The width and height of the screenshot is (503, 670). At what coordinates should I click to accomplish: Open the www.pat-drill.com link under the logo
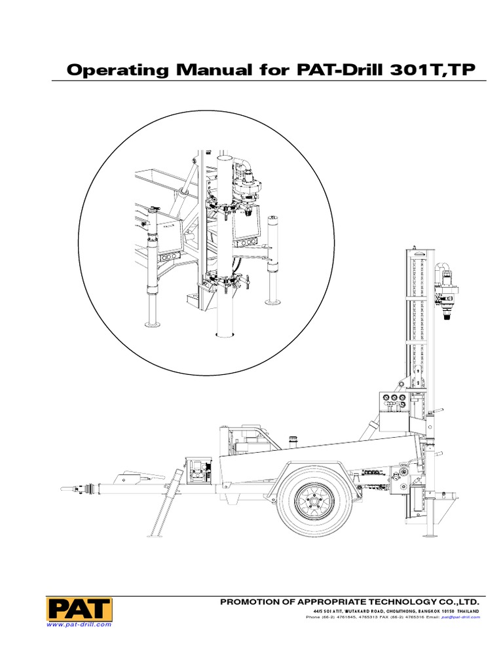(79, 625)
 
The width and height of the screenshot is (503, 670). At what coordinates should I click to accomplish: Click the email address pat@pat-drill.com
(460, 617)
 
